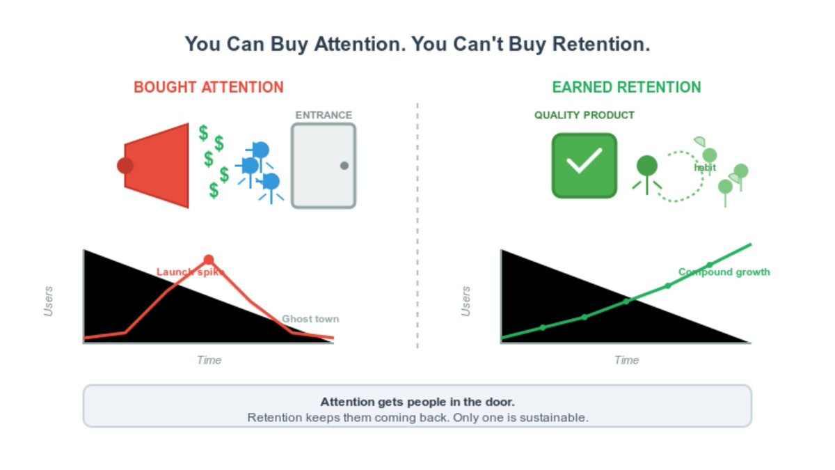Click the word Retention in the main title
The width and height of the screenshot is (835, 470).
point(601,44)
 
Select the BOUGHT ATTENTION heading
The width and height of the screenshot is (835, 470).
point(209,87)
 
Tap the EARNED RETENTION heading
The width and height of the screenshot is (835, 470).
point(626,87)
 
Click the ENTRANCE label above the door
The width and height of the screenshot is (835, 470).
point(324,115)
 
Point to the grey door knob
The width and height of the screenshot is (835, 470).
point(344,166)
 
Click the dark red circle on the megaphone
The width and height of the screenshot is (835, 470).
point(125,166)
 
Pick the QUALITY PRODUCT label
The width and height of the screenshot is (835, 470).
point(584,115)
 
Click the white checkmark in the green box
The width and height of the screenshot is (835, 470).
point(584,160)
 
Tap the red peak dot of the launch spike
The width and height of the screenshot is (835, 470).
point(209,259)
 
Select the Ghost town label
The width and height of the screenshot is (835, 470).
point(310,319)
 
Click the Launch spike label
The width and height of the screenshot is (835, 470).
point(191,272)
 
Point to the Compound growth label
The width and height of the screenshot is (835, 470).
point(724,272)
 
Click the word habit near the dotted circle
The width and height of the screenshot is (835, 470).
point(704,168)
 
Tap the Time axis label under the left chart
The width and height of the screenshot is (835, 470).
point(209,360)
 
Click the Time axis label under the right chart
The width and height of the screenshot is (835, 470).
point(626,360)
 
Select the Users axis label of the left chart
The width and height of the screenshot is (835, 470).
point(49,301)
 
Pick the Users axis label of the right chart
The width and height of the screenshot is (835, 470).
point(466,301)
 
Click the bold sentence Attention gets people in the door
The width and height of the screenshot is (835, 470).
point(417,402)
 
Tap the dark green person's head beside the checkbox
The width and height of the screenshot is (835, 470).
point(646,166)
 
